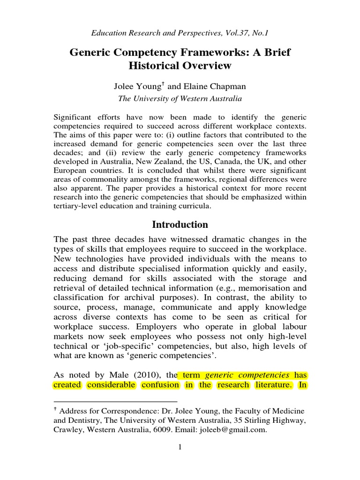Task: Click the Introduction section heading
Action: (180, 225)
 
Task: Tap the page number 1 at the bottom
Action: (180, 447)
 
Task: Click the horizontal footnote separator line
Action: (116, 402)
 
